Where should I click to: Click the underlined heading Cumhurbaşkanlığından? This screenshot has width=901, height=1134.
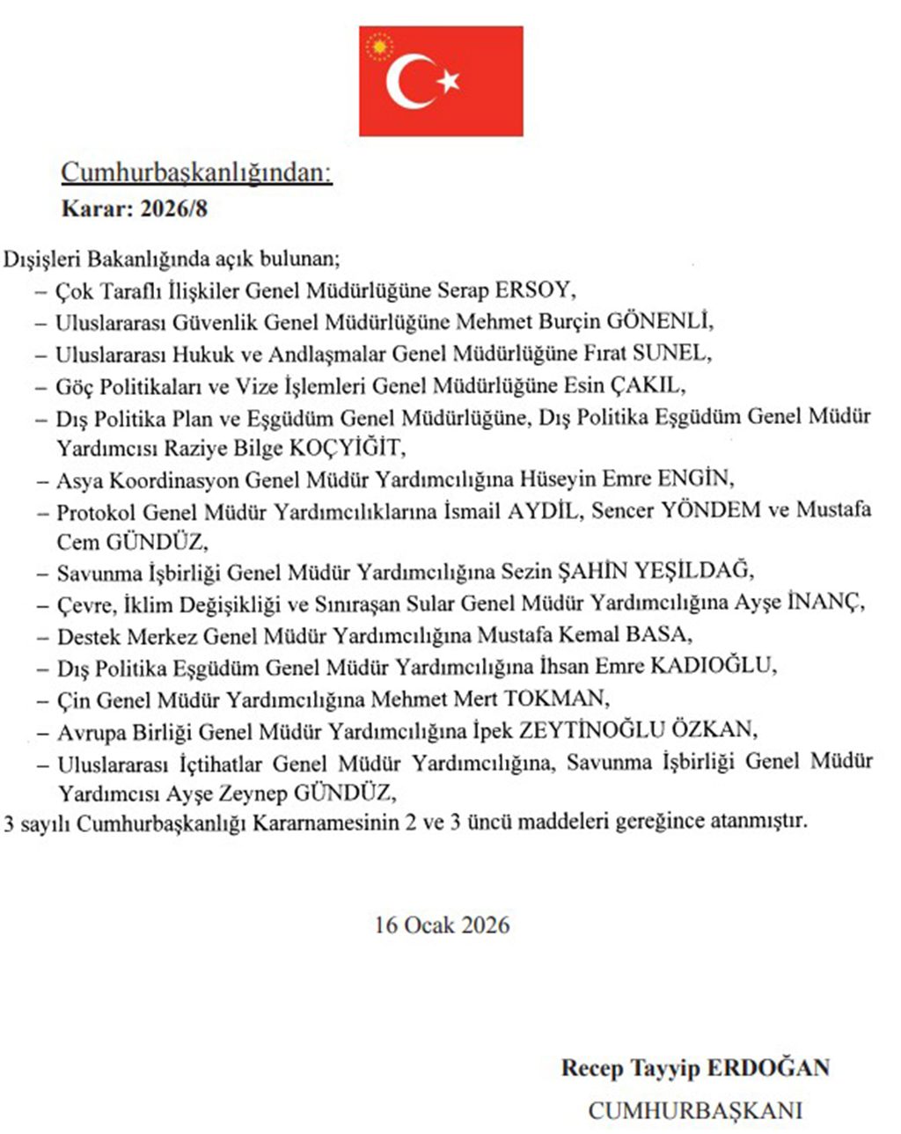pyautogui.click(x=196, y=172)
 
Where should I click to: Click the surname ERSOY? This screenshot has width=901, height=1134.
pyautogui.click(x=534, y=289)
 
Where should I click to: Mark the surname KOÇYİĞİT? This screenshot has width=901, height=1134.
pyautogui.click(x=346, y=448)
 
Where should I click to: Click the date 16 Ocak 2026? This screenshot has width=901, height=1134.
pyautogui.click(x=442, y=925)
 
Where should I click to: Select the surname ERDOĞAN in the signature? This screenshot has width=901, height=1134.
pyautogui.click(x=769, y=1069)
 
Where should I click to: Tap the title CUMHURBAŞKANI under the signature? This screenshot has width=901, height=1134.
pyautogui.click(x=695, y=1110)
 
